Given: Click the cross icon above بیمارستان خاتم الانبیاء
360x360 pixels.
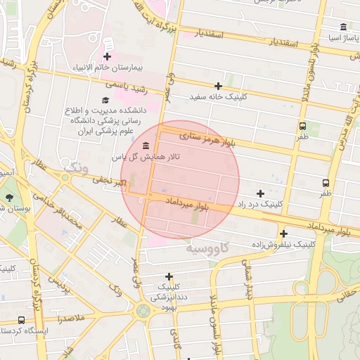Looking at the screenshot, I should (x=107, y=56).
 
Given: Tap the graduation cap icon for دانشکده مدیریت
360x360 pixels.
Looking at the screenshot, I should (x=105, y=101).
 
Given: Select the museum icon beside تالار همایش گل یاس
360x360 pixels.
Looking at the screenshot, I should (x=146, y=146).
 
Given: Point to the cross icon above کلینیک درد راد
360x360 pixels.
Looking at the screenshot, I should (x=260, y=193).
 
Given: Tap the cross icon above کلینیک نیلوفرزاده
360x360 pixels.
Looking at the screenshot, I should (x=283, y=233).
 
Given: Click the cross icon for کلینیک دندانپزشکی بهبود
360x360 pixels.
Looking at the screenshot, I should (x=169, y=276).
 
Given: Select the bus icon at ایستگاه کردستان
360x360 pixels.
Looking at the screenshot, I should (x=21, y=320).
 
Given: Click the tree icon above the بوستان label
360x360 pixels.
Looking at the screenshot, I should (x=8, y=198).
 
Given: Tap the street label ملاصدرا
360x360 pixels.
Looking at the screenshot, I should (x=71, y=319).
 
